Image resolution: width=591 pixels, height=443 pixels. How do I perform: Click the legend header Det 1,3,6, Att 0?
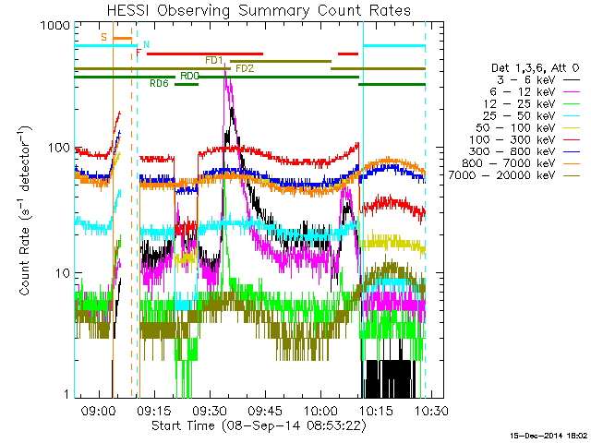click(x=537, y=68)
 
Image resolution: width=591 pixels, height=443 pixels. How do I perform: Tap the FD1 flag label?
click(x=214, y=60)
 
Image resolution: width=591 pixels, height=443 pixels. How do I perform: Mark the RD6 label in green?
click(x=159, y=83)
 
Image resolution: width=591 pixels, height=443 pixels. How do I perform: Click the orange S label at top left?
click(x=104, y=37)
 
